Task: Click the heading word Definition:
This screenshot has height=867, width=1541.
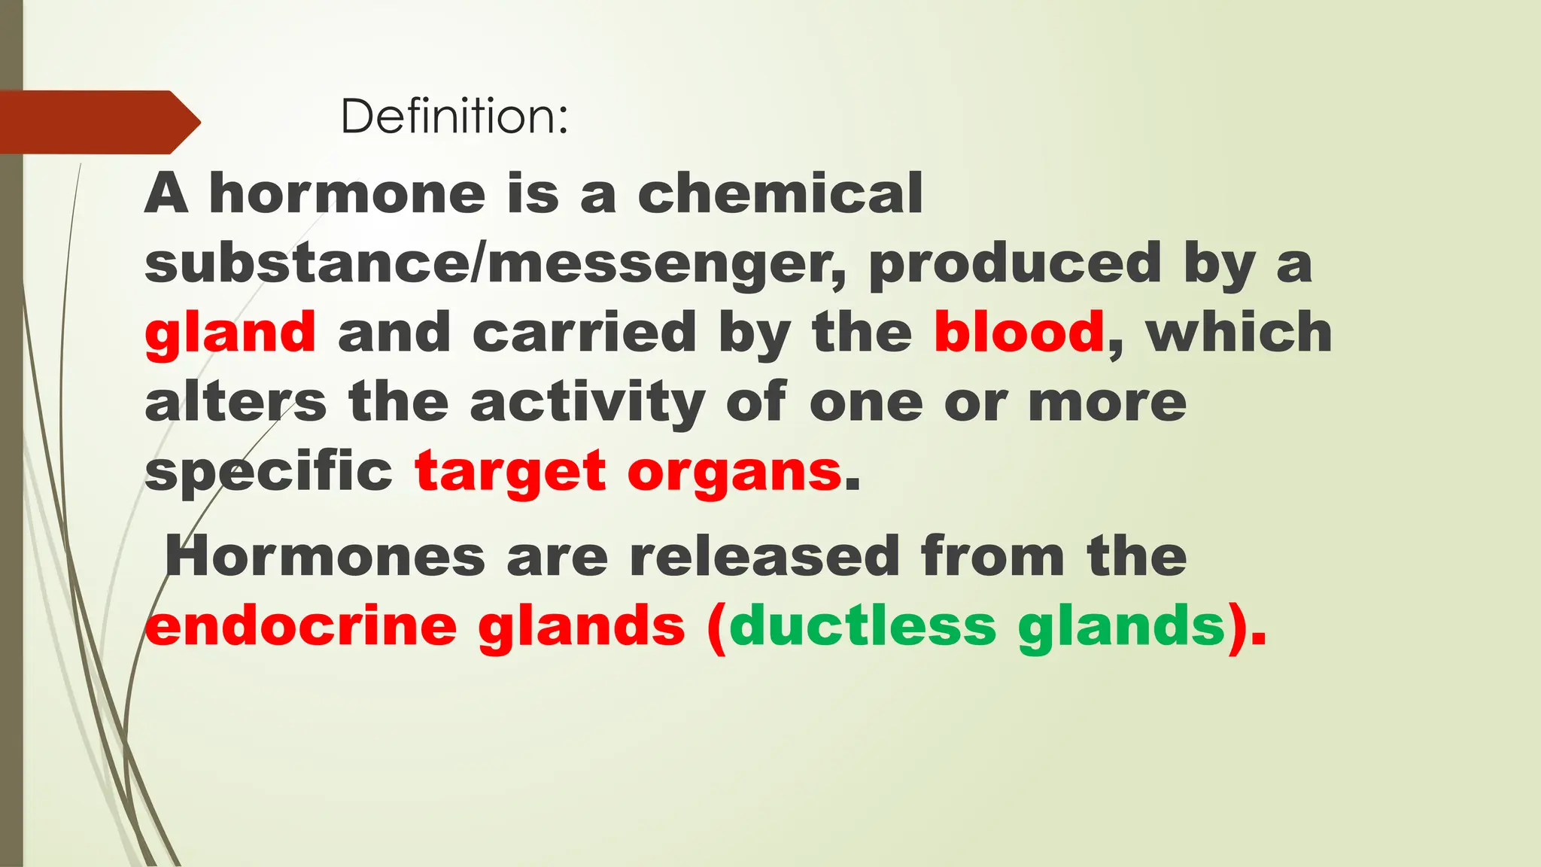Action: click(x=454, y=117)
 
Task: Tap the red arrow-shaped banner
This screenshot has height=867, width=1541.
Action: click(x=98, y=122)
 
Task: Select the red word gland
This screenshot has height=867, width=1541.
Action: click(x=230, y=333)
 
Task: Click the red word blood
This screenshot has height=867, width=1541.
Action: click(x=1019, y=333)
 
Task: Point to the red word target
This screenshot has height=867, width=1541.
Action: click(x=510, y=472)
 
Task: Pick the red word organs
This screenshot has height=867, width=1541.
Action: click(x=734, y=472)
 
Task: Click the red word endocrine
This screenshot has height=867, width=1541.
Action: click(x=301, y=626)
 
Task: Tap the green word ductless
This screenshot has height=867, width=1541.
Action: click(x=862, y=626)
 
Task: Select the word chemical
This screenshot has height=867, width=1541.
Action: click(x=780, y=193)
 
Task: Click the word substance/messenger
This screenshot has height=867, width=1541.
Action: click(x=495, y=263)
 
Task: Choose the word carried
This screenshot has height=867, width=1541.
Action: click(x=584, y=333)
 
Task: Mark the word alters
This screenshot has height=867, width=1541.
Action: click(x=236, y=402)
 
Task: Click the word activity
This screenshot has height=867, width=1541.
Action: click(x=588, y=403)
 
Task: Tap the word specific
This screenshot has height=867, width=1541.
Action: click(x=269, y=472)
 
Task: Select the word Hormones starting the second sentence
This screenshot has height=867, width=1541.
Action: click(x=325, y=557)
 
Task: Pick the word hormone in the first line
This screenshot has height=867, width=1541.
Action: click(x=347, y=193)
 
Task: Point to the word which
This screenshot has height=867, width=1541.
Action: click(x=1239, y=333)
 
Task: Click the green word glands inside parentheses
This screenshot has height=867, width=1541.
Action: click(x=1122, y=628)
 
